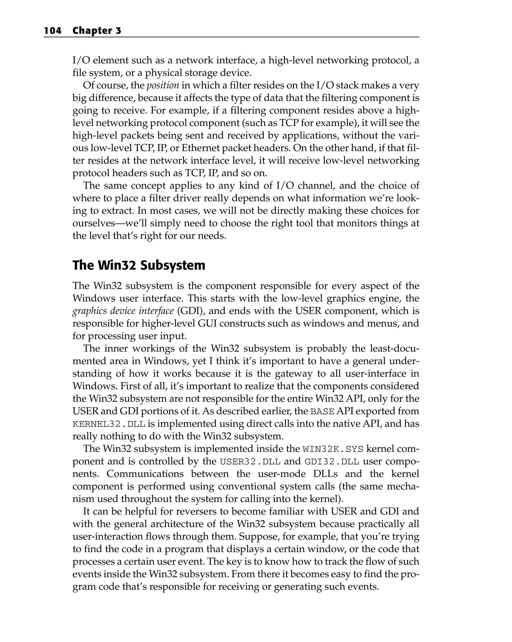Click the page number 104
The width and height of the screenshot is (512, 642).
click(x=52, y=31)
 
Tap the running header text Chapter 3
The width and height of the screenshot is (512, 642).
click(x=97, y=31)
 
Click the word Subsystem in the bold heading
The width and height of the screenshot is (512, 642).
click(x=173, y=265)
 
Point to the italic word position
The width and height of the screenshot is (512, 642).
click(x=163, y=86)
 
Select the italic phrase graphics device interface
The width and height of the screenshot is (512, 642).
click(x=123, y=311)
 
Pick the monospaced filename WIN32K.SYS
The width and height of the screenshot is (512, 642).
click(x=333, y=449)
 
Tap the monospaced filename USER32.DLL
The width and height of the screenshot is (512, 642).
click(x=250, y=461)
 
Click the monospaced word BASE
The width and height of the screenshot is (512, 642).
click(x=322, y=411)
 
